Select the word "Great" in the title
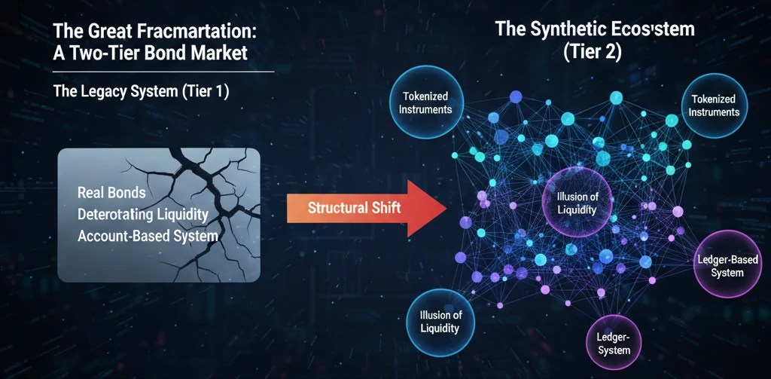coord(112,31)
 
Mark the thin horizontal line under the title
coord(163,72)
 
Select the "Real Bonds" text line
coord(111,192)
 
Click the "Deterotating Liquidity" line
coord(142,215)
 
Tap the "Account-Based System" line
coord(148,236)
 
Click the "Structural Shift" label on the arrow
coord(354,208)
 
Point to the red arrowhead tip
coord(446,208)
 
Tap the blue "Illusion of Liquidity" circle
coord(440,322)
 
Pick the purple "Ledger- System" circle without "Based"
coord(613,344)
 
